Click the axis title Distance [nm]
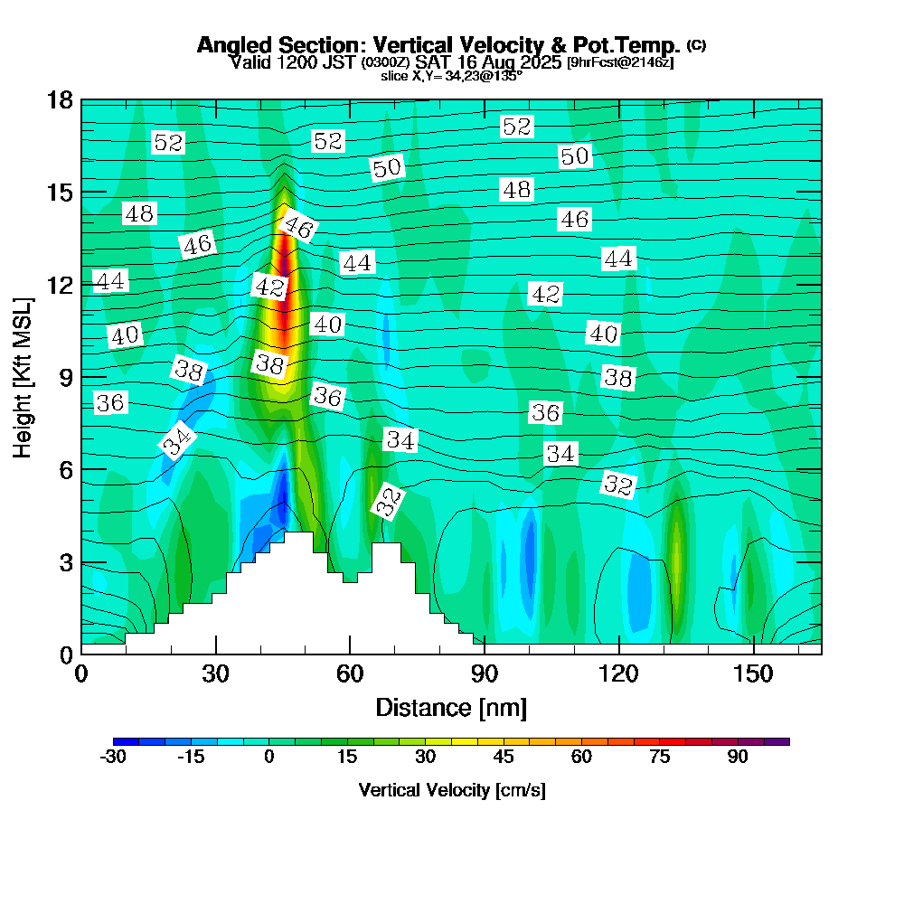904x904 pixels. [x=450, y=706]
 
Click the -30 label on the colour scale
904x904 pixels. [x=112, y=757]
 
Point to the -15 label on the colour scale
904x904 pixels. [x=191, y=757]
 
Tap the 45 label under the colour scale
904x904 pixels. [x=504, y=757]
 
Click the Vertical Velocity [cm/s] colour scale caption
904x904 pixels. [x=451, y=790]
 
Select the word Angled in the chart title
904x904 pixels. [x=233, y=45]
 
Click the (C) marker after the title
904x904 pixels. [x=697, y=44]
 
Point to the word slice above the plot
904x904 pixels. [x=395, y=76]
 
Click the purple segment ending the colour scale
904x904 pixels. [x=777, y=741]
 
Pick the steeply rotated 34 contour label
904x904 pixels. [x=178, y=440]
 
